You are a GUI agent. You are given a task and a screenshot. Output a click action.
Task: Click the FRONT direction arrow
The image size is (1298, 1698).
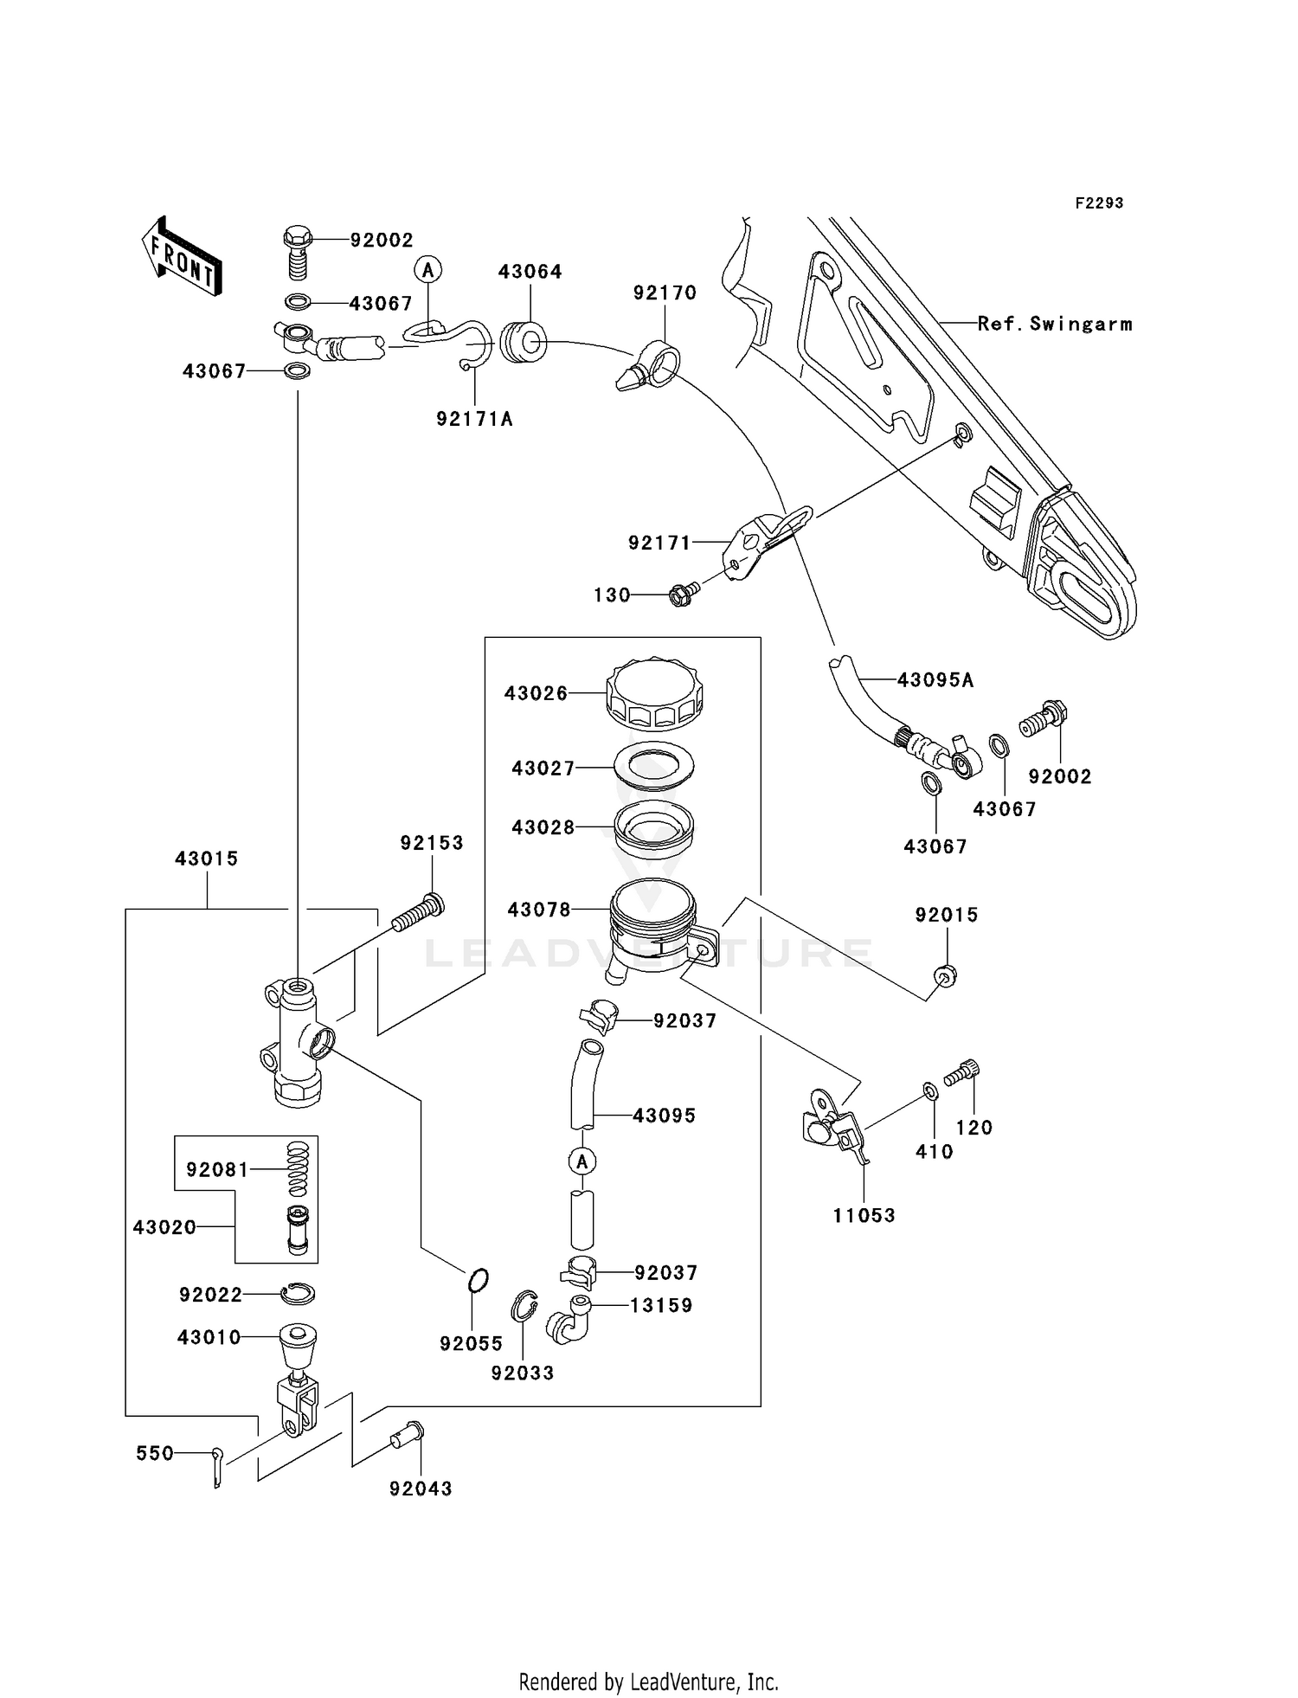coord(182,257)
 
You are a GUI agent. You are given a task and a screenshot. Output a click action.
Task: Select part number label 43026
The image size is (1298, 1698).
coord(536,693)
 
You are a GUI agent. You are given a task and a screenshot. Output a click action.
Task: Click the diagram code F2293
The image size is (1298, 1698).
coord(1099,203)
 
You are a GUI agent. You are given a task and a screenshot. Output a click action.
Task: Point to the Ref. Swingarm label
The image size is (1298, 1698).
coord(1054,325)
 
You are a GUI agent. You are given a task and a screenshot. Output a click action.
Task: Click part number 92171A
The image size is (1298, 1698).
coord(474,420)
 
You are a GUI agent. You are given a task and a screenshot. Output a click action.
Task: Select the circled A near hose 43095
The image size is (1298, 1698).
coord(582,1161)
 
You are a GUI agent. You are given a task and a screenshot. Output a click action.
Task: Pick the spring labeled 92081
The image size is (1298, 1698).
coord(298,1168)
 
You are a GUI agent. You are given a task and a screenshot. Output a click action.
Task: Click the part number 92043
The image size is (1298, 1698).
coord(421,1489)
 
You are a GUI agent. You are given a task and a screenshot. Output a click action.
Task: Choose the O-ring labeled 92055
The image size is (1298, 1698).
coord(479,1280)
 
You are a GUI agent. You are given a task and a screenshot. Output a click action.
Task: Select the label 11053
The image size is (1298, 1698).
coord(864,1216)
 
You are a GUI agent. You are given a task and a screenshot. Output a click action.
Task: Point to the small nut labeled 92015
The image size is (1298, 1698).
coord(945,976)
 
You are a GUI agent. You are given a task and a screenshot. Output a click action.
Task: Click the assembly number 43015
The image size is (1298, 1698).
coord(206,859)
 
